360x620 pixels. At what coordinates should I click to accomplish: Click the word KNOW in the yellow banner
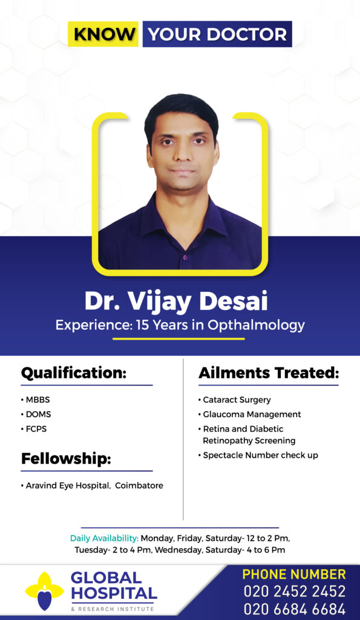pos(103,35)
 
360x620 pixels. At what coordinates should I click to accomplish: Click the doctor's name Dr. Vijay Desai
pos(176,302)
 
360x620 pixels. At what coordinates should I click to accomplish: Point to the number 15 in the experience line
pos(142,325)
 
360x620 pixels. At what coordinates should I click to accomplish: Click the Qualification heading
pos(73,373)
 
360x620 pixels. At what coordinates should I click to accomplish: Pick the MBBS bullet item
pos(38,400)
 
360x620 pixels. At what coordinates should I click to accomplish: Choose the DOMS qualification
pos(38,414)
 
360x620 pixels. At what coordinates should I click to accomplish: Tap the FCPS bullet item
pos(36,429)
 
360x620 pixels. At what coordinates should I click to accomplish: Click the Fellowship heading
pos(66,459)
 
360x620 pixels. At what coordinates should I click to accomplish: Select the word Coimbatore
pos(139,485)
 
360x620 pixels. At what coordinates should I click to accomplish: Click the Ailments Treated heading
pos(269,373)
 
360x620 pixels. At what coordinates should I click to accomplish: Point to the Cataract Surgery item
pos(237,400)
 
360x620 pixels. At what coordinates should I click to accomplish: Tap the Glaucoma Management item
pos(252,414)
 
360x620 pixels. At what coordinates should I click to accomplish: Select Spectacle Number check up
pos(260,455)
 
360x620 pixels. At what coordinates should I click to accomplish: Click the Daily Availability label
pos(104,538)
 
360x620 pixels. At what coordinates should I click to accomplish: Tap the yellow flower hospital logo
pos(44,591)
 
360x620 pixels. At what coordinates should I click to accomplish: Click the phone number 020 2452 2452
pos(295,592)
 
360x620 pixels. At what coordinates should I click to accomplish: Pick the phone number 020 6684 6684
pos(295,609)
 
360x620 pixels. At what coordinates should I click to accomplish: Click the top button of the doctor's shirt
pos(184,257)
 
